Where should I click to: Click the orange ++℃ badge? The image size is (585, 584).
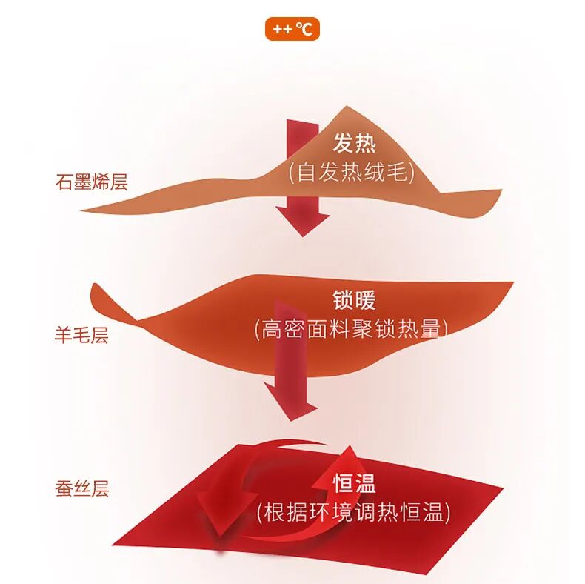292,29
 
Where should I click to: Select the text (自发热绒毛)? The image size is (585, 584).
352,172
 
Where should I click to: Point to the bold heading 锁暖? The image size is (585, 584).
354,300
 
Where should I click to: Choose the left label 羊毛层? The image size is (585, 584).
81,335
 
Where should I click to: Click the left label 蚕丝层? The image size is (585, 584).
81,489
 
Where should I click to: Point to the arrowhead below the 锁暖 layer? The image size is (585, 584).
292,407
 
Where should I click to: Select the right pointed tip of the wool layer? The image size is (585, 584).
511,284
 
